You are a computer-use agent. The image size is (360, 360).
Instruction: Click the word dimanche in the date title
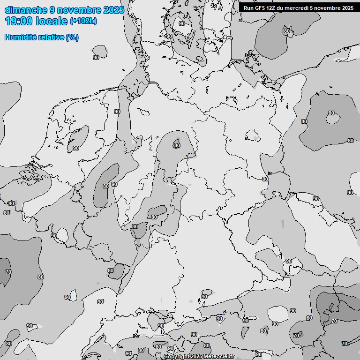[x=26, y=10]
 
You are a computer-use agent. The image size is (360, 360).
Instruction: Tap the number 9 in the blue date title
[x=52, y=10]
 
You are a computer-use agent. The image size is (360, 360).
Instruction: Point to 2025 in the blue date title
[x=114, y=10]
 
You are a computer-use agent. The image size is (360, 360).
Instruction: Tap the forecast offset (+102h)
[x=83, y=22]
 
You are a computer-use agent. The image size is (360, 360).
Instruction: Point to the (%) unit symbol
[x=72, y=37]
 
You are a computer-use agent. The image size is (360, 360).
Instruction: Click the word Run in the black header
[x=248, y=8]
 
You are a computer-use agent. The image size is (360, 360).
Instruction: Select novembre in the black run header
[x=330, y=8]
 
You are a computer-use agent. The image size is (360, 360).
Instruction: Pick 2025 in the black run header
[x=348, y=8]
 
